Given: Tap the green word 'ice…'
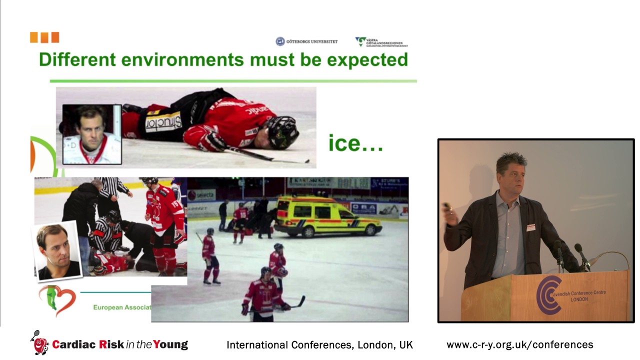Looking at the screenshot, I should click(x=355, y=143).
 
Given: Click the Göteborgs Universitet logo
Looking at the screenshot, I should click(x=306, y=41).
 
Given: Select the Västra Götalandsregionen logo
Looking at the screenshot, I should click(x=381, y=42).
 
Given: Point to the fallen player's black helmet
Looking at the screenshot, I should click(x=283, y=131).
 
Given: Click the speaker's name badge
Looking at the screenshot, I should click(x=530, y=227).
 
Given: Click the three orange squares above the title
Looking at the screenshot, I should click(x=44, y=37).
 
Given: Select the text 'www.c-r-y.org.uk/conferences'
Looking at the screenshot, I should click(x=519, y=344).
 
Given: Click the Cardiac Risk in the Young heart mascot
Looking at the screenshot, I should click(x=39, y=343).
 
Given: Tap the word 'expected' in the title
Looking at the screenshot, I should click(x=367, y=60).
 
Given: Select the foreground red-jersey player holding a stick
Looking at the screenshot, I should click(x=265, y=295).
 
